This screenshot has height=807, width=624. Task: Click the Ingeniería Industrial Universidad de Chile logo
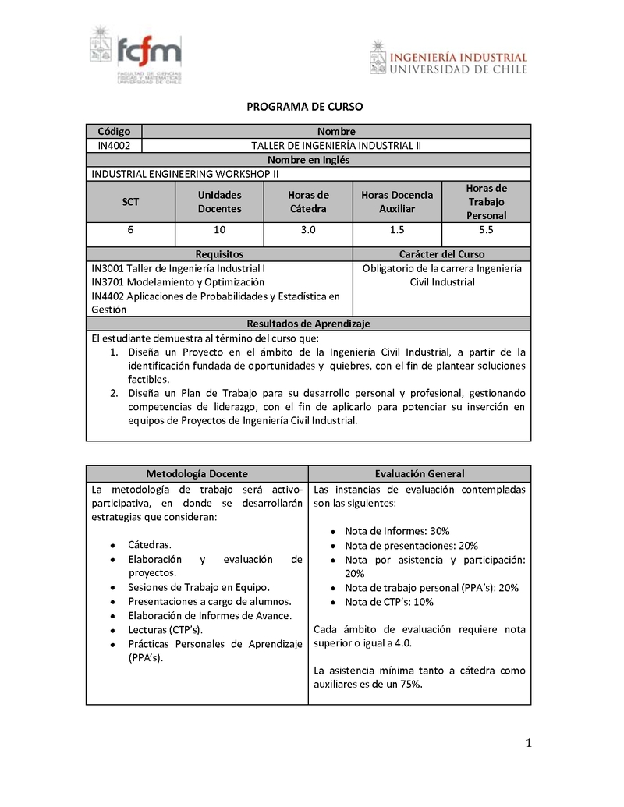(x=448, y=58)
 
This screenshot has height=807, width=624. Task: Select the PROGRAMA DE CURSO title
(x=305, y=107)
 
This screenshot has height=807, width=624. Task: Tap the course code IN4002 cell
(x=114, y=145)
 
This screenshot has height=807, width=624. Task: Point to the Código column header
(x=114, y=131)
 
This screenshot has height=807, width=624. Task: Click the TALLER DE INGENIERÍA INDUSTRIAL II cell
(x=336, y=145)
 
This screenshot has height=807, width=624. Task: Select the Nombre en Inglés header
(x=309, y=159)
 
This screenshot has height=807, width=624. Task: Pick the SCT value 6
(x=130, y=230)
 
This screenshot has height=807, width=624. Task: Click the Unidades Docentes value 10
(x=219, y=230)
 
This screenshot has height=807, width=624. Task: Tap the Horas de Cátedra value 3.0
(x=308, y=230)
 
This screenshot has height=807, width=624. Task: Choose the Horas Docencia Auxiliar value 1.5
(x=396, y=230)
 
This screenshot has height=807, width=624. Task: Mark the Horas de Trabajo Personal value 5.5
(x=486, y=230)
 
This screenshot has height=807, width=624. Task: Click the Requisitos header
(x=219, y=253)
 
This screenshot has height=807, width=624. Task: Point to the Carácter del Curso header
(x=441, y=253)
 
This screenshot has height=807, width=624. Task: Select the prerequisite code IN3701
(x=107, y=281)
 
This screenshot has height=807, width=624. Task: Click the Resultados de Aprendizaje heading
(x=308, y=323)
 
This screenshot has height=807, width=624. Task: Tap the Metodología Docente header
(x=197, y=473)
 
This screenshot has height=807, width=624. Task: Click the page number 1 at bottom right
(x=528, y=743)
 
